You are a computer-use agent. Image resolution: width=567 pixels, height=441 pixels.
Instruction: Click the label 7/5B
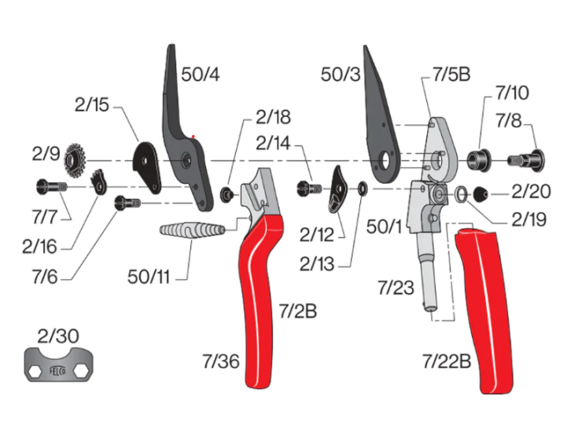tap(451, 75)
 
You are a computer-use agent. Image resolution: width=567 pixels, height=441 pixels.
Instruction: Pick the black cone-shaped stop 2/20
tap(483, 193)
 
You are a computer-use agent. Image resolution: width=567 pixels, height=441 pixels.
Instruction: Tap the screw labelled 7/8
tap(525, 156)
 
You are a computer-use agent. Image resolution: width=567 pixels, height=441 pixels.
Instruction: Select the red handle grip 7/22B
tap(488, 309)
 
